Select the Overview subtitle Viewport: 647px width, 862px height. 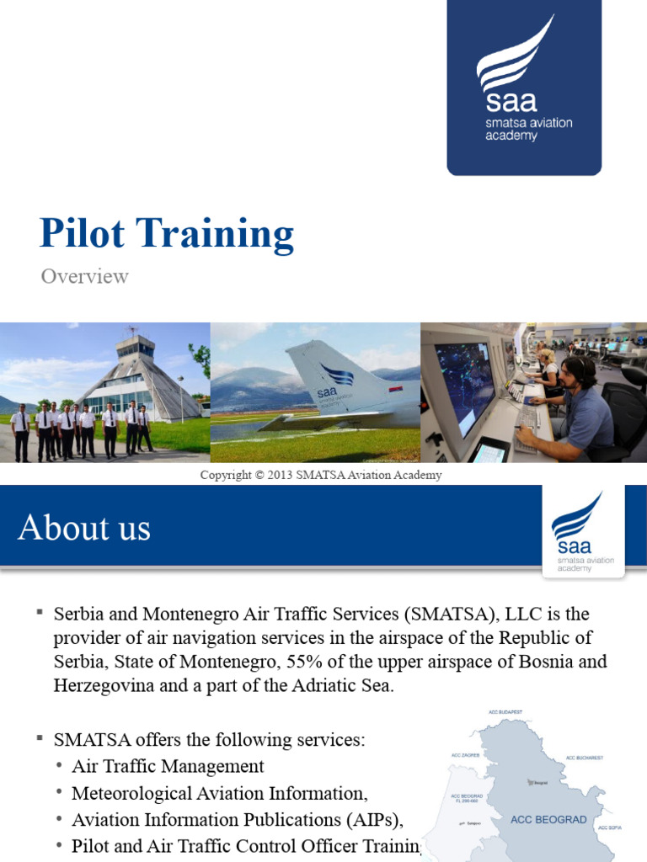click(x=84, y=276)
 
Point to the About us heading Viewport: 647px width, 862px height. click(x=84, y=528)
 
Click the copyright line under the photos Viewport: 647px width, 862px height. click(x=321, y=475)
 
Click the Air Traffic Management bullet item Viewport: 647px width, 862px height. click(x=168, y=766)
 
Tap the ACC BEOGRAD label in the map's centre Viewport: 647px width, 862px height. click(x=548, y=819)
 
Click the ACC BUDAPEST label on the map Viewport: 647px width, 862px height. click(x=505, y=712)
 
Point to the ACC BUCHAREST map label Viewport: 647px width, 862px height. click(x=584, y=758)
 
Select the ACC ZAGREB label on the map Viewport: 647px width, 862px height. click(x=466, y=755)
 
